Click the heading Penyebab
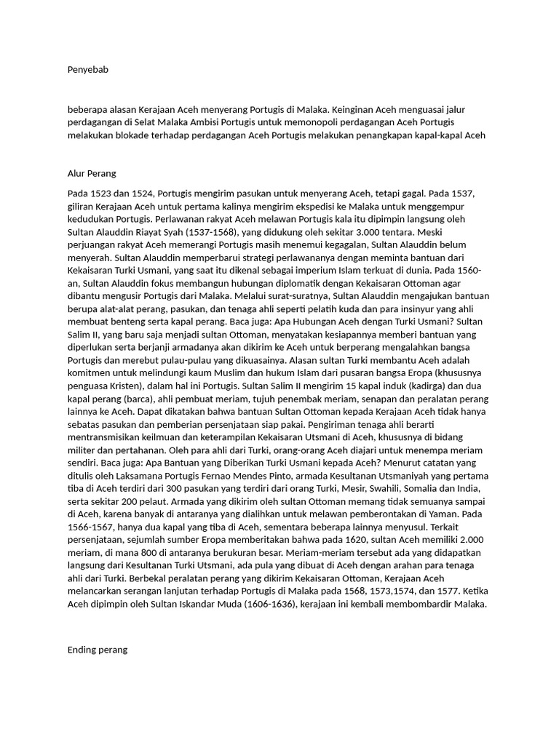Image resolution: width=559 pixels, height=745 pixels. [x=87, y=70]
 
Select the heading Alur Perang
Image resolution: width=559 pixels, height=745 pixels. [x=92, y=174]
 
